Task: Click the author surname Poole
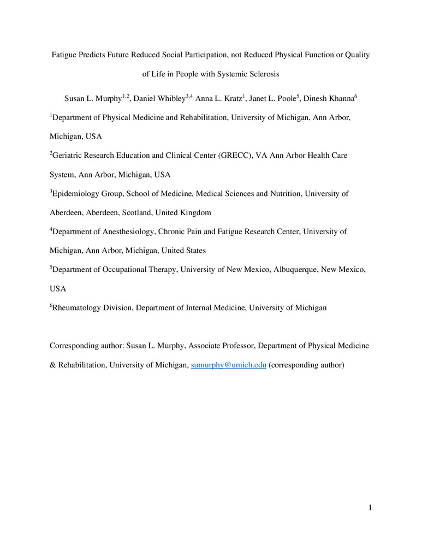point(283,98)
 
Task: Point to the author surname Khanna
point(338,98)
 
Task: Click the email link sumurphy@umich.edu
point(228,365)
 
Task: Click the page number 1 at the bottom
point(370,508)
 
